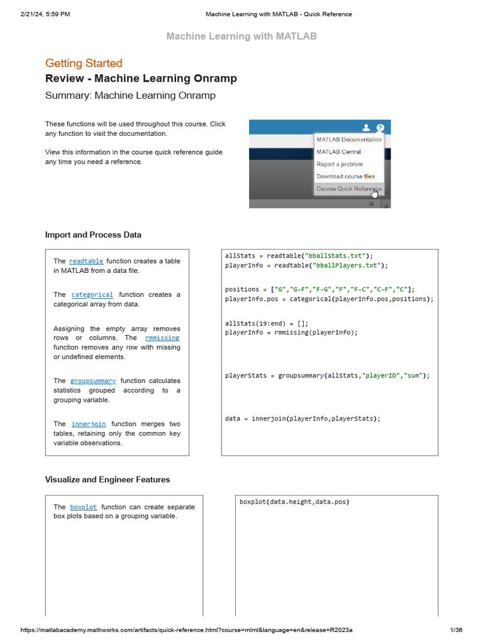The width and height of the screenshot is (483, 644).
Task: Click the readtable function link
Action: (x=86, y=261)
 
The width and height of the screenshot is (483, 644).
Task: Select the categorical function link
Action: (x=92, y=294)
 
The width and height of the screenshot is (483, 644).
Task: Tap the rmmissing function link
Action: (x=162, y=338)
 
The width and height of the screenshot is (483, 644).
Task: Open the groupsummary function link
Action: (x=93, y=380)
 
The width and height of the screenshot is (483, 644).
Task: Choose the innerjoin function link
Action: (x=89, y=424)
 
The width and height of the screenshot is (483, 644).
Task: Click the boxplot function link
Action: (x=84, y=507)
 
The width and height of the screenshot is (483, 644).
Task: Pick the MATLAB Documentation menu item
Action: (x=348, y=140)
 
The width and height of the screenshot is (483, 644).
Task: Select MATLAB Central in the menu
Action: (x=338, y=152)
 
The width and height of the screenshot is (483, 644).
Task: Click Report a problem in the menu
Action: (x=339, y=164)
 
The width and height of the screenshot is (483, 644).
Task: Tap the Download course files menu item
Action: (x=345, y=177)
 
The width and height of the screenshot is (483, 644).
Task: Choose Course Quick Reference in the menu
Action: (x=348, y=189)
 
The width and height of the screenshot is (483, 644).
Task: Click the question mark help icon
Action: (x=380, y=128)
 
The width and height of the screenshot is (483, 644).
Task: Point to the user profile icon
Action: (x=367, y=128)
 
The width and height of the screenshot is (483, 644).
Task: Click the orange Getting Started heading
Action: (x=84, y=63)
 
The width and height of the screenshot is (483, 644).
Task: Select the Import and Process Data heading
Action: (x=93, y=235)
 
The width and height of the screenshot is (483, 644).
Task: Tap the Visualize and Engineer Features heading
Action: (x=108, y=479)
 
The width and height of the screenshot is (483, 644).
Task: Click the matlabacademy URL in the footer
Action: (x=186, y=630)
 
